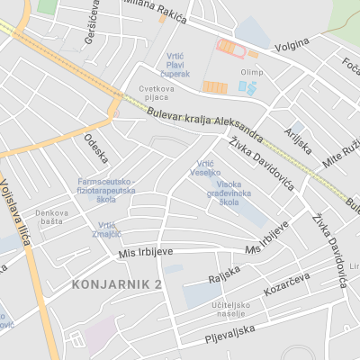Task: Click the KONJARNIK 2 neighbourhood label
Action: [114, 284]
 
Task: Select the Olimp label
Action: [253, 72]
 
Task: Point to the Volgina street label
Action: [292, 41]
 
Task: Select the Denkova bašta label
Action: [51, 216]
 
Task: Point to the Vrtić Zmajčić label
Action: [106, 229]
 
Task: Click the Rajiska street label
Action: [224, 272]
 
